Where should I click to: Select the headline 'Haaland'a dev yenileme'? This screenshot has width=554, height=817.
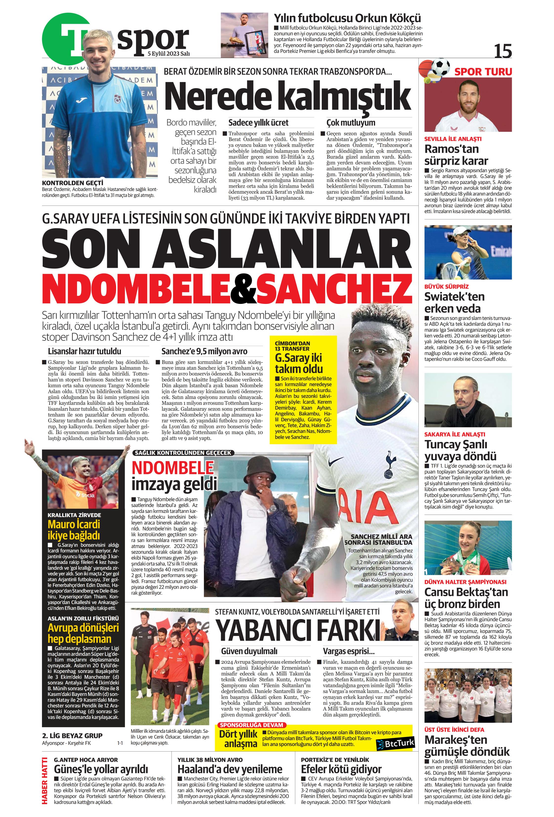[x=230, y=769]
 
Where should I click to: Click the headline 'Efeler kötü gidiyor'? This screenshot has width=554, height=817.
[x=341, y=769]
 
